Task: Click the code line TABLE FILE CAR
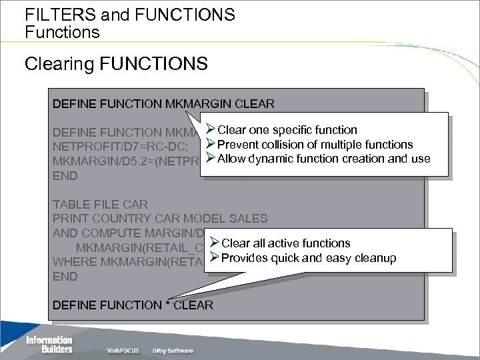pyautogui.click(x=100, y=204)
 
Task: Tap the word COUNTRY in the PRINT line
pyautogui.click(x=113, y=219)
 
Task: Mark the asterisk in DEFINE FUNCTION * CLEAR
pyautogui.click(x=167, y=305)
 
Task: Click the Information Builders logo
pyautogui.click(x=49, y=344)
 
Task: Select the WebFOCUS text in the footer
pyautogui.click(x=122, y=351)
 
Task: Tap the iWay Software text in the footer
pyautogui.click(x=171, y=351)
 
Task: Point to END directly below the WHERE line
pyautogui.click(x=65, y=277)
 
